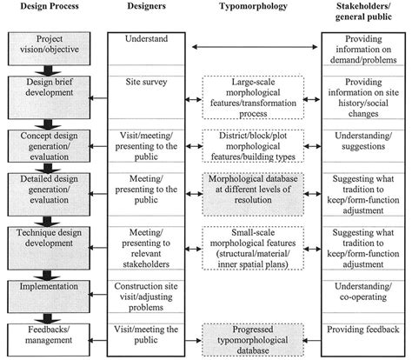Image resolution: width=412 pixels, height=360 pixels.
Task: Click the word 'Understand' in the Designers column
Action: pos(144,40)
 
